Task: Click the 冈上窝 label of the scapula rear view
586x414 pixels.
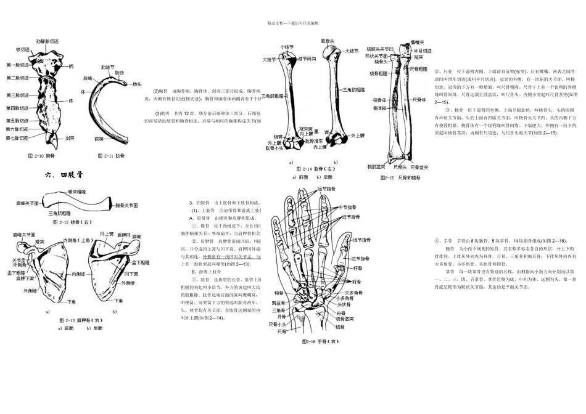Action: click(x=107, y=234)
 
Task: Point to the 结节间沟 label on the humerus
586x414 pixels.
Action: click(x=307, y=59)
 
